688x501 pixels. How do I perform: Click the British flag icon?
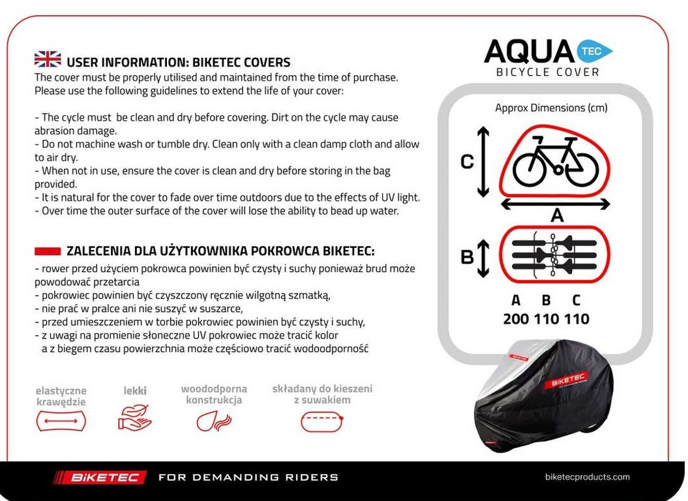(x=48, y=61)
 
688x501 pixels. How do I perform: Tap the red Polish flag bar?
(x=47, y=251)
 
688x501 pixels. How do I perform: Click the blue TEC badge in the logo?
(x=594, y=51)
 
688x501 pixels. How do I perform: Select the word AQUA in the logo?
(x=529, y=52)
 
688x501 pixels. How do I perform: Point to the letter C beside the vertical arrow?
(x=467, y=162)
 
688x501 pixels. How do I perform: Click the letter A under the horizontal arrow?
(x=556, y=215)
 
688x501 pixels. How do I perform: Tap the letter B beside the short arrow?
(x=467, y=257)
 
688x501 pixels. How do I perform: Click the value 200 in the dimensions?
(x=516, y=319)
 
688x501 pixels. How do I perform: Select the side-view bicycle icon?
(x=555, y=162)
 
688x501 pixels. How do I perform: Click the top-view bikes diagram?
(x=555, y=254)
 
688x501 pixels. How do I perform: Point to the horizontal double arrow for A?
(x=555, y=204)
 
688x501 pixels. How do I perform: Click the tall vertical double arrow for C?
(x=483, y=162)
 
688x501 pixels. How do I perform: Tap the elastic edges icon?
(x=61, y=421)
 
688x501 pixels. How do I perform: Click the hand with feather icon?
(x=135, y=417)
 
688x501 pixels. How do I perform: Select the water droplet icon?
(x=213, y=419)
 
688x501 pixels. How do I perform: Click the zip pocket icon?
(x=322, y=421)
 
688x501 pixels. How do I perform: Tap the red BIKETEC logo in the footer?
(x=99, y=478)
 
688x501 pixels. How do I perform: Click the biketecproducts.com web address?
(x=587, y=477)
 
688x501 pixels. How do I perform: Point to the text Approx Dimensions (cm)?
(x=551, y=108)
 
